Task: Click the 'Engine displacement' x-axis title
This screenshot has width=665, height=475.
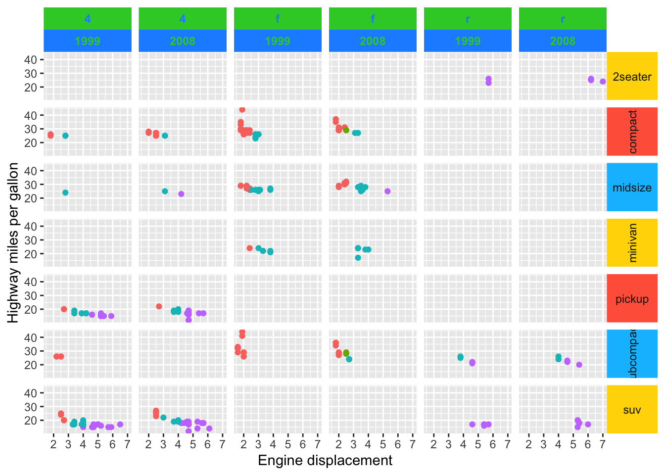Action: (325, 461)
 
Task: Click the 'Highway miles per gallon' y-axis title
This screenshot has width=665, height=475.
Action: (13, 242)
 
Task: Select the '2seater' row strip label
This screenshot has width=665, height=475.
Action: (632, 77)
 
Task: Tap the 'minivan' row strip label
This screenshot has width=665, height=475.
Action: (632, 243)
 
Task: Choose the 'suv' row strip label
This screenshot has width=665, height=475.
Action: (632, 410)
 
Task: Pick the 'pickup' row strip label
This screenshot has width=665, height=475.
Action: (632, 299)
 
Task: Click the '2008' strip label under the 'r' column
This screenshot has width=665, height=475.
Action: (563, 41)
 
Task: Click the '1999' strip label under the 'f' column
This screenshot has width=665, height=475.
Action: (278, 41)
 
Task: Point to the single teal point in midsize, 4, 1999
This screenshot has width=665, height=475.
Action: (65, 192)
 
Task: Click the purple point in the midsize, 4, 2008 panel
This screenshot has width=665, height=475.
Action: (181, 194)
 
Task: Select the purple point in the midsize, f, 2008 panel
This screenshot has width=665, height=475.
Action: (387, 191)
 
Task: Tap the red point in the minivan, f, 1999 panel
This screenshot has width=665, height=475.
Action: (249, 248)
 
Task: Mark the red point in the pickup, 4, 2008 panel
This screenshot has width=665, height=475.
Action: (159, 306)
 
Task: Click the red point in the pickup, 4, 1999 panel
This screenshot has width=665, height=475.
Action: (64, 309)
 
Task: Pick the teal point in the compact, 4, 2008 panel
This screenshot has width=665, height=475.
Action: (165, 136)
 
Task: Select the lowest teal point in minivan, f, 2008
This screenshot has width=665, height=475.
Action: (358, 258)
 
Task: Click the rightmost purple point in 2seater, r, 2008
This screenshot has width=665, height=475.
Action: (603, 82)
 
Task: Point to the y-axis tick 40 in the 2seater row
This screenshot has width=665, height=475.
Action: (31, 60)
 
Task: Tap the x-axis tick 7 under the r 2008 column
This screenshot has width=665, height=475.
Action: (603, 444)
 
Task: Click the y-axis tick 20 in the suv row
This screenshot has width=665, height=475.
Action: (31, 421)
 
